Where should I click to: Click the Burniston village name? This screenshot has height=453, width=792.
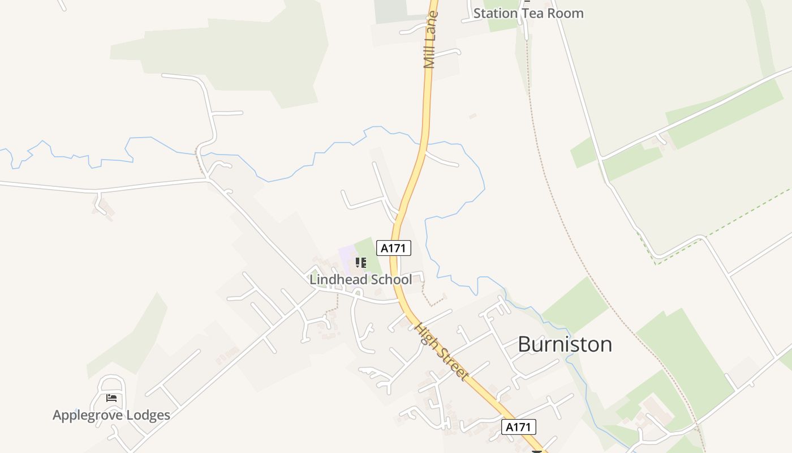[x=565, y=344]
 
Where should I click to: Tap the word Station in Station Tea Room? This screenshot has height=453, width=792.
[x=496, y=13]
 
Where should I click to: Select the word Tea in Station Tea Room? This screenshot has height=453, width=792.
[x=535, y=13]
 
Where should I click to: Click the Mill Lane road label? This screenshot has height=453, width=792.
[x=431, y=40]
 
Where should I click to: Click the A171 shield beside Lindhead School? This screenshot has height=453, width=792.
[x=394, y=248]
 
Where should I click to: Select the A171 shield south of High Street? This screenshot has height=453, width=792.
[x=518, y=427]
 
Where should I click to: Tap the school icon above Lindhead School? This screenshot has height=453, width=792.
[x=360, y=263]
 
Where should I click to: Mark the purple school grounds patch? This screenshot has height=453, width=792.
[x=346, y=255]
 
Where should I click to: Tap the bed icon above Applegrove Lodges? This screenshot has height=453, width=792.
[x=111, y=398]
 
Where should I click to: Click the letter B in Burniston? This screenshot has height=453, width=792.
[x=524, y=344]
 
